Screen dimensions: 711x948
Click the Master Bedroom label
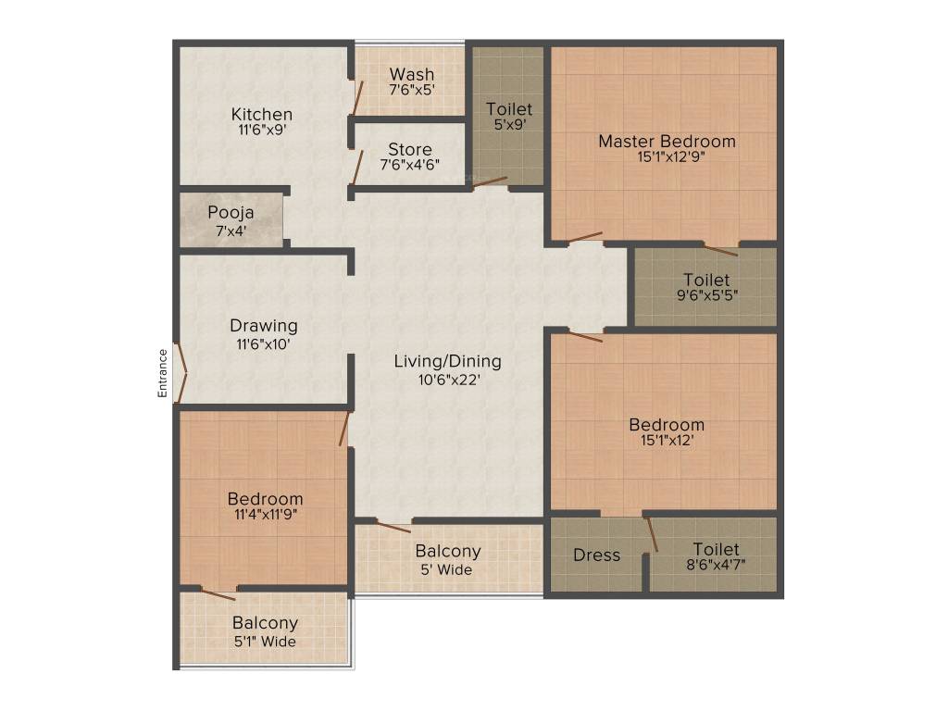tap(667, 142)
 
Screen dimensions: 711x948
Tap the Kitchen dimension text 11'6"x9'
tap(262, 131)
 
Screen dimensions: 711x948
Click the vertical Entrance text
tap(163, 373)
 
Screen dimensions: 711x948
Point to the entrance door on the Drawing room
tap(181, 375)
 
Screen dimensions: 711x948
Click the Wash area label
tap(412, 74)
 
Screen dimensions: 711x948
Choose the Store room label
tap(409, 149)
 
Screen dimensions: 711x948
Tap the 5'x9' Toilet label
tap(509, 109)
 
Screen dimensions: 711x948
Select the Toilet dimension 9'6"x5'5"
tap(706, 296)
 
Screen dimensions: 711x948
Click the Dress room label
tap(596, 555)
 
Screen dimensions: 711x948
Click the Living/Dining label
tap(448, 361)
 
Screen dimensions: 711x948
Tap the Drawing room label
tap(264, 326)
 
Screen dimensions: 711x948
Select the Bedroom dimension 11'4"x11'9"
tap(265, 515)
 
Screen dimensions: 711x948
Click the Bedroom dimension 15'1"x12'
tap(667, 441)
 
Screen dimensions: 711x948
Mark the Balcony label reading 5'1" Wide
tap(265, 640)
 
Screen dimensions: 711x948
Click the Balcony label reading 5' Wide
tap(448, 568)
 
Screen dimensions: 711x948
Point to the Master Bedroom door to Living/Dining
tap(585, 237)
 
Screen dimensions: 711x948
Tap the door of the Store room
tap(357, 168)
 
